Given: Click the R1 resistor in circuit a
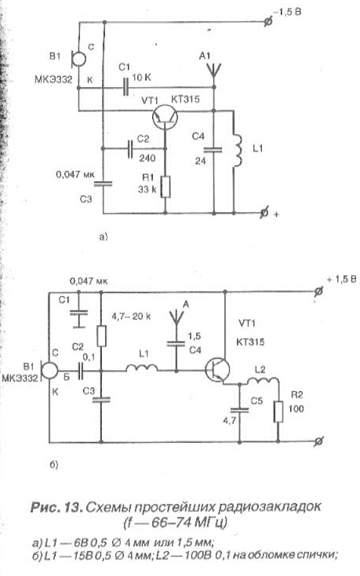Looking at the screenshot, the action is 165,187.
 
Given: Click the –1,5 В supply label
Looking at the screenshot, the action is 289,12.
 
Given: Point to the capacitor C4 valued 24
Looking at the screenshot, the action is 213,150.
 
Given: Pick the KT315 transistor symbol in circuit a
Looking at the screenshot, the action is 165,118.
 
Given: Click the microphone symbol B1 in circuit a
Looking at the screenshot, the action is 78,58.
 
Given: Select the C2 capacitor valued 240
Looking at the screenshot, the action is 130,148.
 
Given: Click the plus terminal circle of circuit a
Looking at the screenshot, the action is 264,213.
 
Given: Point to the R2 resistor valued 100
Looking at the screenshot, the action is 278,411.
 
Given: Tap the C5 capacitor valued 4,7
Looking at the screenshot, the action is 239,410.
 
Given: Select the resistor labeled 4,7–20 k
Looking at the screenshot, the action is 102,335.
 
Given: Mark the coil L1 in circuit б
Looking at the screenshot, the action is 143,368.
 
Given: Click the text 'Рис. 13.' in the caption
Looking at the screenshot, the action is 56,506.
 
